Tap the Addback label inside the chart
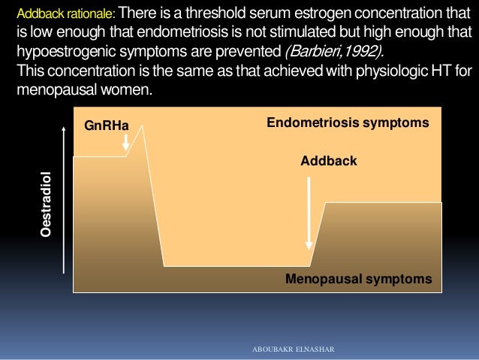(x=328, y=161)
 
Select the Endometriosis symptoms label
(x=348, y=122)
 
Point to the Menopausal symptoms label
(x=359, y=279)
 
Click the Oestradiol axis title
(x=46, y=204)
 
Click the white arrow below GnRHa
(x=126, y=142)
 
